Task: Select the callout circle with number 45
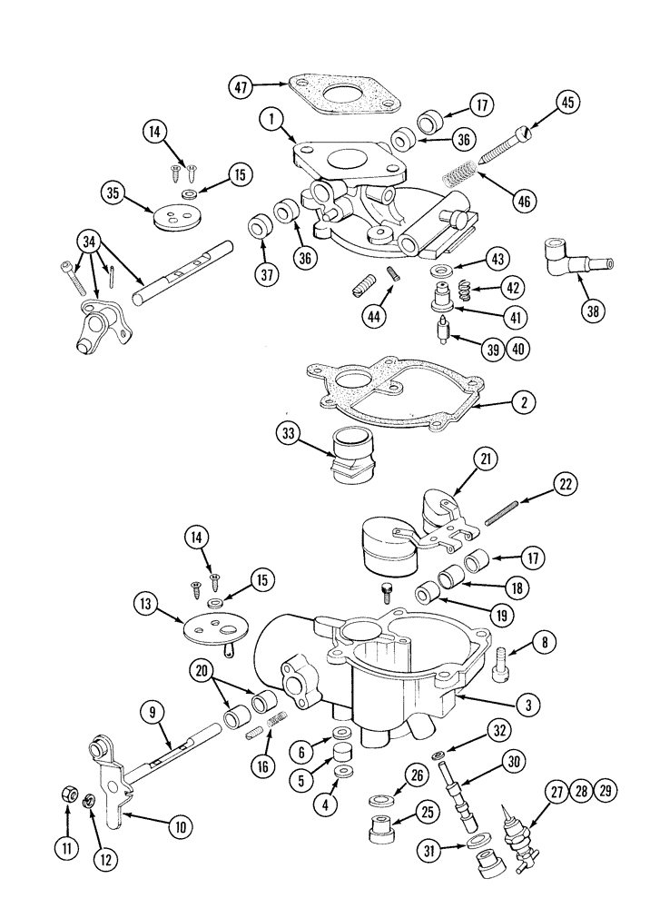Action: pos(567,104)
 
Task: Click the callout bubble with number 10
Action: pos(180,825)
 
